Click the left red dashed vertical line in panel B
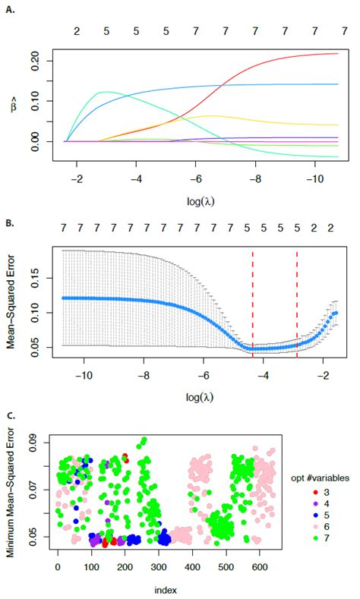(253, 304)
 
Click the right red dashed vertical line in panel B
(297, 304)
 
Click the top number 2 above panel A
(76, 32)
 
